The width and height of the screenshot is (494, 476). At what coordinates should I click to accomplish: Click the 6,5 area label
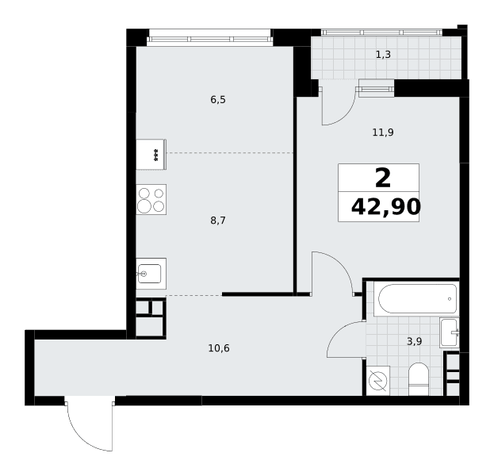[218, 100]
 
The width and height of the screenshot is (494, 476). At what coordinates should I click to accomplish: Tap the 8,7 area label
[218, 221]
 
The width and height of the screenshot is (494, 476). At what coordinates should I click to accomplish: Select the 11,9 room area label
[383, 132]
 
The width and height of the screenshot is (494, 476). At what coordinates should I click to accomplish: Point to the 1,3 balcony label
[383, 55]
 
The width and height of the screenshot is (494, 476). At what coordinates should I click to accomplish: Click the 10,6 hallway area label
[219, 348]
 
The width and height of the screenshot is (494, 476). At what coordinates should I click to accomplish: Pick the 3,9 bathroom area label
[414, 341]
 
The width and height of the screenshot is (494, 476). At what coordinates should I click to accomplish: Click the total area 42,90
[385, 207]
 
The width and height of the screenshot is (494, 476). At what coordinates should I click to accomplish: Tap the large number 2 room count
[383, 178]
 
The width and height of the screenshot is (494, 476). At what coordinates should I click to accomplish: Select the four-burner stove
[151, 200]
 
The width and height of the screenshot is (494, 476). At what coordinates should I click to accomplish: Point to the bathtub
[416, 298]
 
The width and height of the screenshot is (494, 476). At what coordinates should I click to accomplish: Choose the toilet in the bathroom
[419, 379]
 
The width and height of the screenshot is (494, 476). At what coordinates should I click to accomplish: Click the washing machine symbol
[377, 381]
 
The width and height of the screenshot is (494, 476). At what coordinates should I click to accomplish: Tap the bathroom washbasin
[450, 332]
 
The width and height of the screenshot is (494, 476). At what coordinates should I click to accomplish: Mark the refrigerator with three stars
[151, 155]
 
